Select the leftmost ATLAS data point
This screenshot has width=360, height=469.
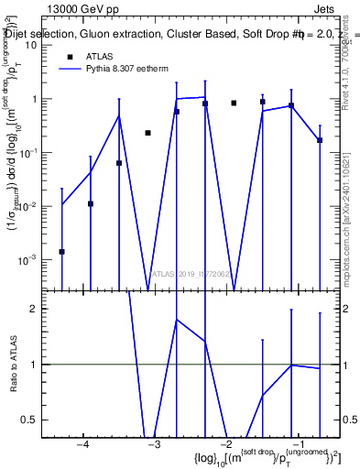point(61,251)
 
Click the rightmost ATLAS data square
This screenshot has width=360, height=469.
point(320,140)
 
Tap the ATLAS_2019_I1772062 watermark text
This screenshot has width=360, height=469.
point(191,274)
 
